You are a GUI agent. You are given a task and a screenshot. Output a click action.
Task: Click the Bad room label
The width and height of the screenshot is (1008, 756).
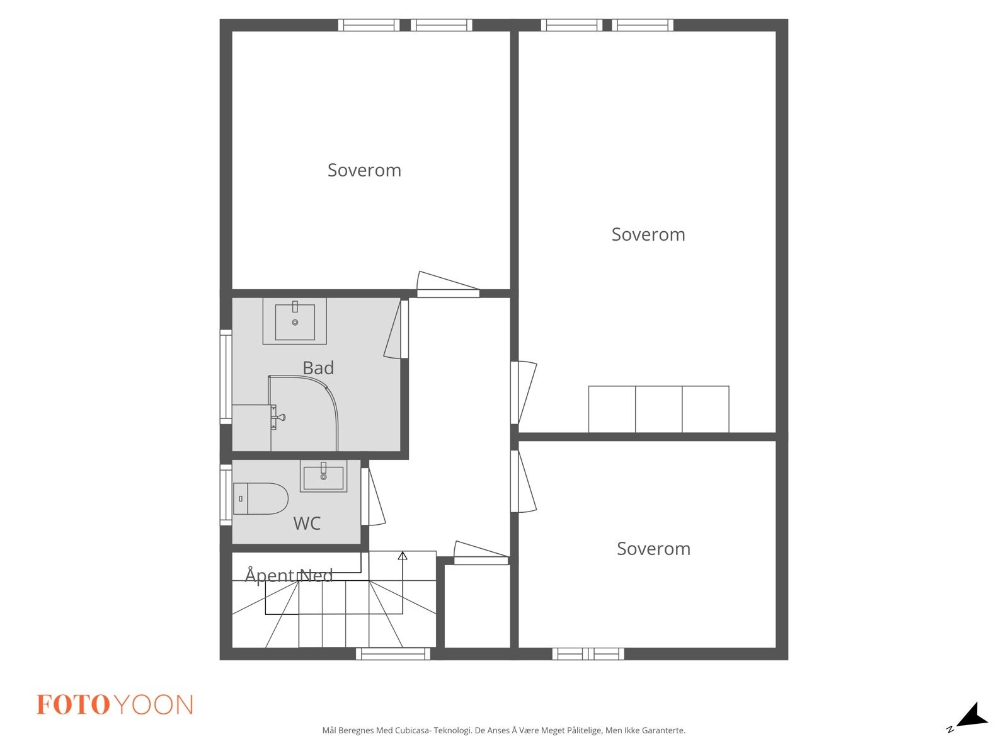click(318, 368)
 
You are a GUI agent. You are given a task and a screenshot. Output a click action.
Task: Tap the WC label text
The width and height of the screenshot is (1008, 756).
click(307, 524)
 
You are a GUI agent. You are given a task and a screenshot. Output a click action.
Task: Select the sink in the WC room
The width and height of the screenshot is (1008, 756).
click(323, 476)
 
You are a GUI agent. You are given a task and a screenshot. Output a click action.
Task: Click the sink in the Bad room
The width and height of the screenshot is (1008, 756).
click(295, 321)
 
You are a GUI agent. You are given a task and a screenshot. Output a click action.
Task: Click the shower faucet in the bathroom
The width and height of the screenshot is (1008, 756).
click(278, 417)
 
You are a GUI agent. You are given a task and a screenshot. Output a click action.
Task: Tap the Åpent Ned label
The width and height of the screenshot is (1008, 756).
click(289, 575)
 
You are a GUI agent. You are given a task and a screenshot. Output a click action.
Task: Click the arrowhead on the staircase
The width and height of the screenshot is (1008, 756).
click(403, 556)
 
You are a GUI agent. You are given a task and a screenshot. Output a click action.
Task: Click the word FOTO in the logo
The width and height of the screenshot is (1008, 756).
click(74, 705)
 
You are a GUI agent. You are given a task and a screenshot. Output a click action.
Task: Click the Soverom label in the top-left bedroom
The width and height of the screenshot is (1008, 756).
click(364, 170)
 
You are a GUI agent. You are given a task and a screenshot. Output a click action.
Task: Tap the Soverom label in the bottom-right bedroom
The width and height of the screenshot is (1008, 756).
click(653, 549)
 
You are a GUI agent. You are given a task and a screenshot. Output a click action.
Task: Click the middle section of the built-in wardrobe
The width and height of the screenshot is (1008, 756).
click(658, 409)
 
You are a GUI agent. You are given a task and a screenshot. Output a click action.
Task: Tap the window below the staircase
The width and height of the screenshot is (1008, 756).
click(393, 654)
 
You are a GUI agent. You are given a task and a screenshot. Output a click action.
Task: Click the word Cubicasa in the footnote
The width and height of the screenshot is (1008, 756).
click(412, 731)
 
